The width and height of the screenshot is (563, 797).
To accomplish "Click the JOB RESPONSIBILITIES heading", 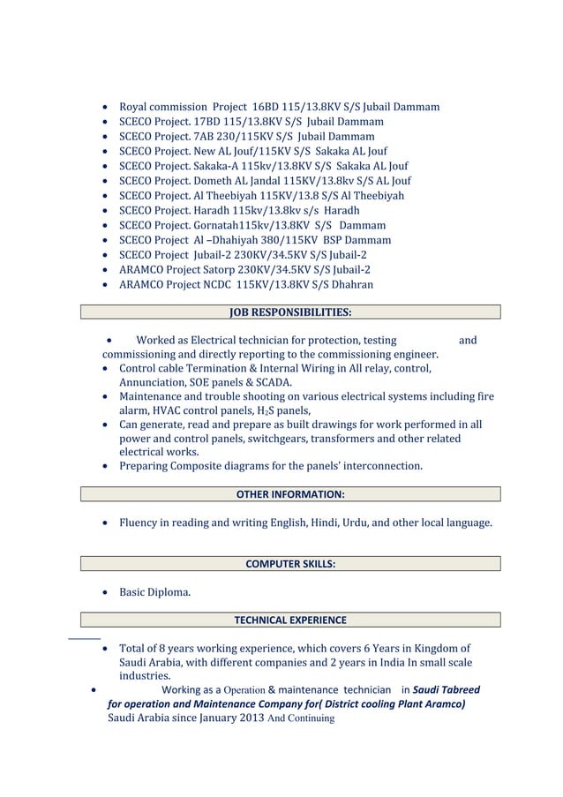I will pyautogui.click(x=290, y=312).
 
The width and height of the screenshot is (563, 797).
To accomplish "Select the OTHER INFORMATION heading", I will pyautogui.click(x=290, y=494).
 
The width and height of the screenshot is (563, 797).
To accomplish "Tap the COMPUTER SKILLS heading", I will pyautogui.click(x=290, y=563).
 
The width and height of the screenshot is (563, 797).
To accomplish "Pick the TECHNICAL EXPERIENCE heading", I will pyautogui.click(x=290, y=620).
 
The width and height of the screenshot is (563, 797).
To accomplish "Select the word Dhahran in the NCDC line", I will pyautogui.click(x=350, y=285).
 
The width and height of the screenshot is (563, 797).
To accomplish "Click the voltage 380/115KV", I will pyautogui.click(x=283, y=240).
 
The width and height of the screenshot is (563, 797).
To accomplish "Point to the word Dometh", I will pyautogui.click(x=205, y=182).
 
